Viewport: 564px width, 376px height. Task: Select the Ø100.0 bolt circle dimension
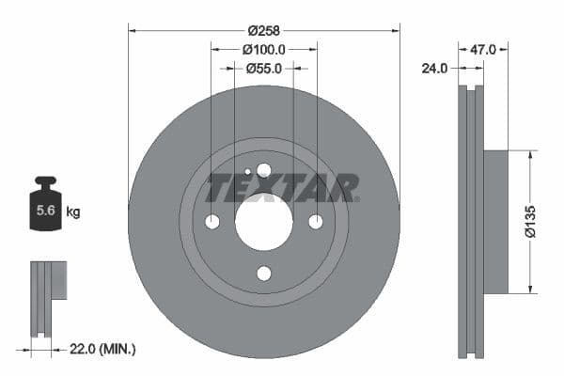click(x=264, y=48)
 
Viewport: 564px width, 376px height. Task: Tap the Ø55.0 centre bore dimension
click(x=264, y=68)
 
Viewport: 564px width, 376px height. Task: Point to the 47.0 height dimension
click(x=482, y=48)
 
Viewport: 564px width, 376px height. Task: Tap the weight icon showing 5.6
click(x=45, y=209)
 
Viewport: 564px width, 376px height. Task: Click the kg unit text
click(x=72, y=212)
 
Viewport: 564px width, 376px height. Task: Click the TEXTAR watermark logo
click(x=282, y=187)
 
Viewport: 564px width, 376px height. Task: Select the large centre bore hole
click(x=263, y=222)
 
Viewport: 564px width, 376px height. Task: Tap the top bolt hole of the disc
click(x=263, y=170)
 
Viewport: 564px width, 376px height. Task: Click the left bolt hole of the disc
click(x=211, y=222)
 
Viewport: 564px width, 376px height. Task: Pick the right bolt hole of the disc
click(x=316, y=222)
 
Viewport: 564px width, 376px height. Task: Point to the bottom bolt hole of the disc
click(x=263, y=274)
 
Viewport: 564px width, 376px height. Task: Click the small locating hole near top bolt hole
click(x=247, y=172)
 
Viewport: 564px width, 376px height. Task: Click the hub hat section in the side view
click(x=494, y=221)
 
